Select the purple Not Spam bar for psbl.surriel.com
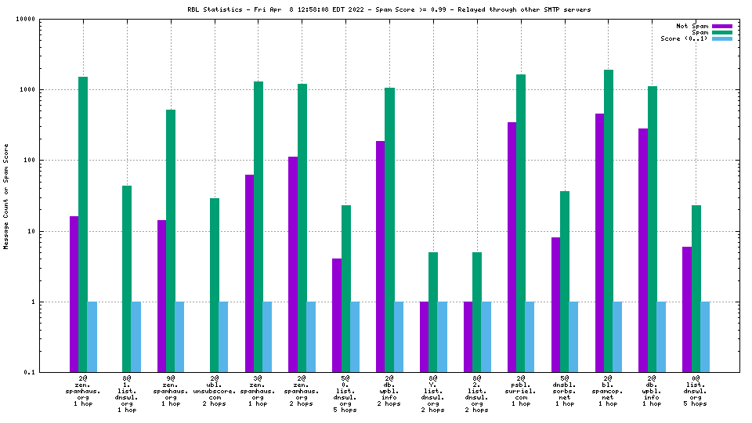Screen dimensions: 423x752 pyautogui.click(x=512, y=247)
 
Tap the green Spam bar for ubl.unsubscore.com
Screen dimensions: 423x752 pyautogui.click(x=215, y=285)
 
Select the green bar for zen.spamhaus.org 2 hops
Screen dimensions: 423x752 pyautogui.click(x=302, y=228)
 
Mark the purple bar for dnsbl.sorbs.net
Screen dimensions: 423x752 pyautogui.click(x=556, y=305)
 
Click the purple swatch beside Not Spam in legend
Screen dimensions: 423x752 pyautogui.click(x=721, y=26)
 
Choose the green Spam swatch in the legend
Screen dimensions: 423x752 pyautogui.click(x=721, y=32)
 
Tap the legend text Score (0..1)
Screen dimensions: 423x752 pyautogui.click(x=684, y=38)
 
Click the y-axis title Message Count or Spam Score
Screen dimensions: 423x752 pyautogui.click(x=6, y=196)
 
